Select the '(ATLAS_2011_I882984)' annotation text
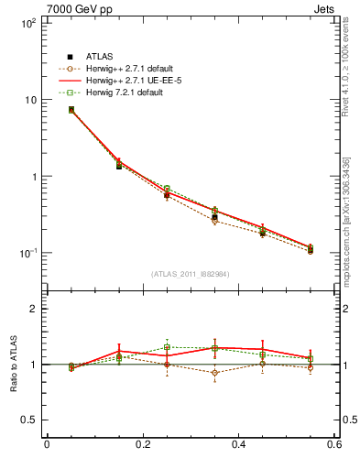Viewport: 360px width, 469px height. [191, 273]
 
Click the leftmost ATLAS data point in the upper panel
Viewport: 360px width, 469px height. [71, 110]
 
